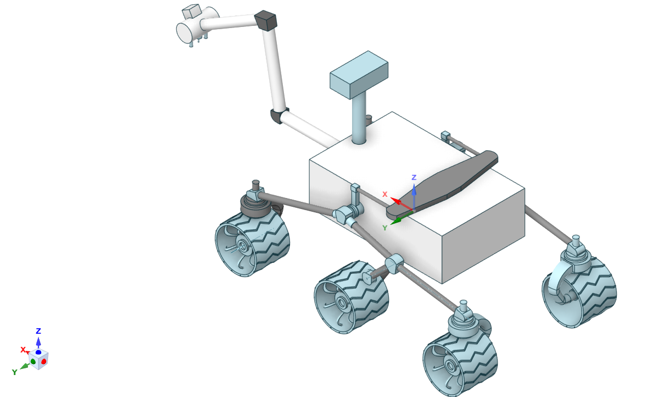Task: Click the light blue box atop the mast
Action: point(359,75)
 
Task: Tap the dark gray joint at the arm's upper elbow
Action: point(265,21)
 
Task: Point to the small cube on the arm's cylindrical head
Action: point(191,11)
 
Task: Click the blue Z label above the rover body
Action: point(414,178)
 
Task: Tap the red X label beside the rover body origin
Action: point(385,194)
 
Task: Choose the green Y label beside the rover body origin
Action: point(384,228)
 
